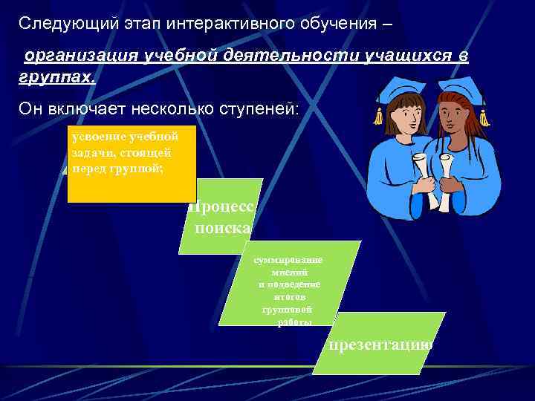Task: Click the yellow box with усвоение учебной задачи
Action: coord(131,164)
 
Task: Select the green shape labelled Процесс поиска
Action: coord(221,216)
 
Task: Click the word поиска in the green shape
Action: coord(223,228)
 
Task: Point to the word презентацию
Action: coord(380,345)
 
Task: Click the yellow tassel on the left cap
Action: coord(378,115)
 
